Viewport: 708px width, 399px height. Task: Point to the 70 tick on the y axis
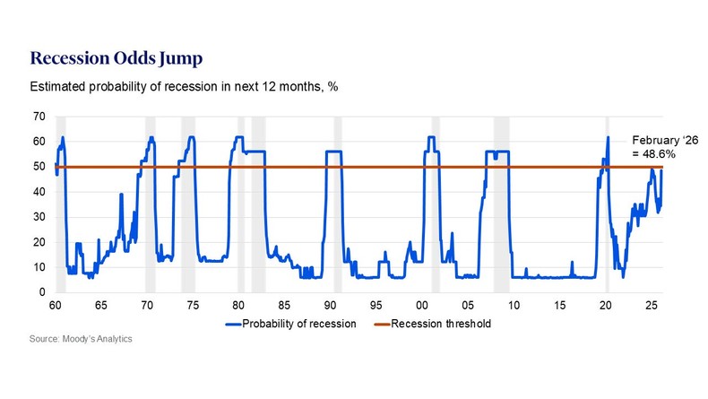(x=39, y=117)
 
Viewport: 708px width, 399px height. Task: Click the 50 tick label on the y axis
(x=39, y=167)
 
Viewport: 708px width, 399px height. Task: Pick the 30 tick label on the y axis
(x=39, y=217)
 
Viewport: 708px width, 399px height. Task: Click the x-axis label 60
(x=55, y=306)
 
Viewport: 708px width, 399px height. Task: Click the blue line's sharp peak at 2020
(x=608, y=137)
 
